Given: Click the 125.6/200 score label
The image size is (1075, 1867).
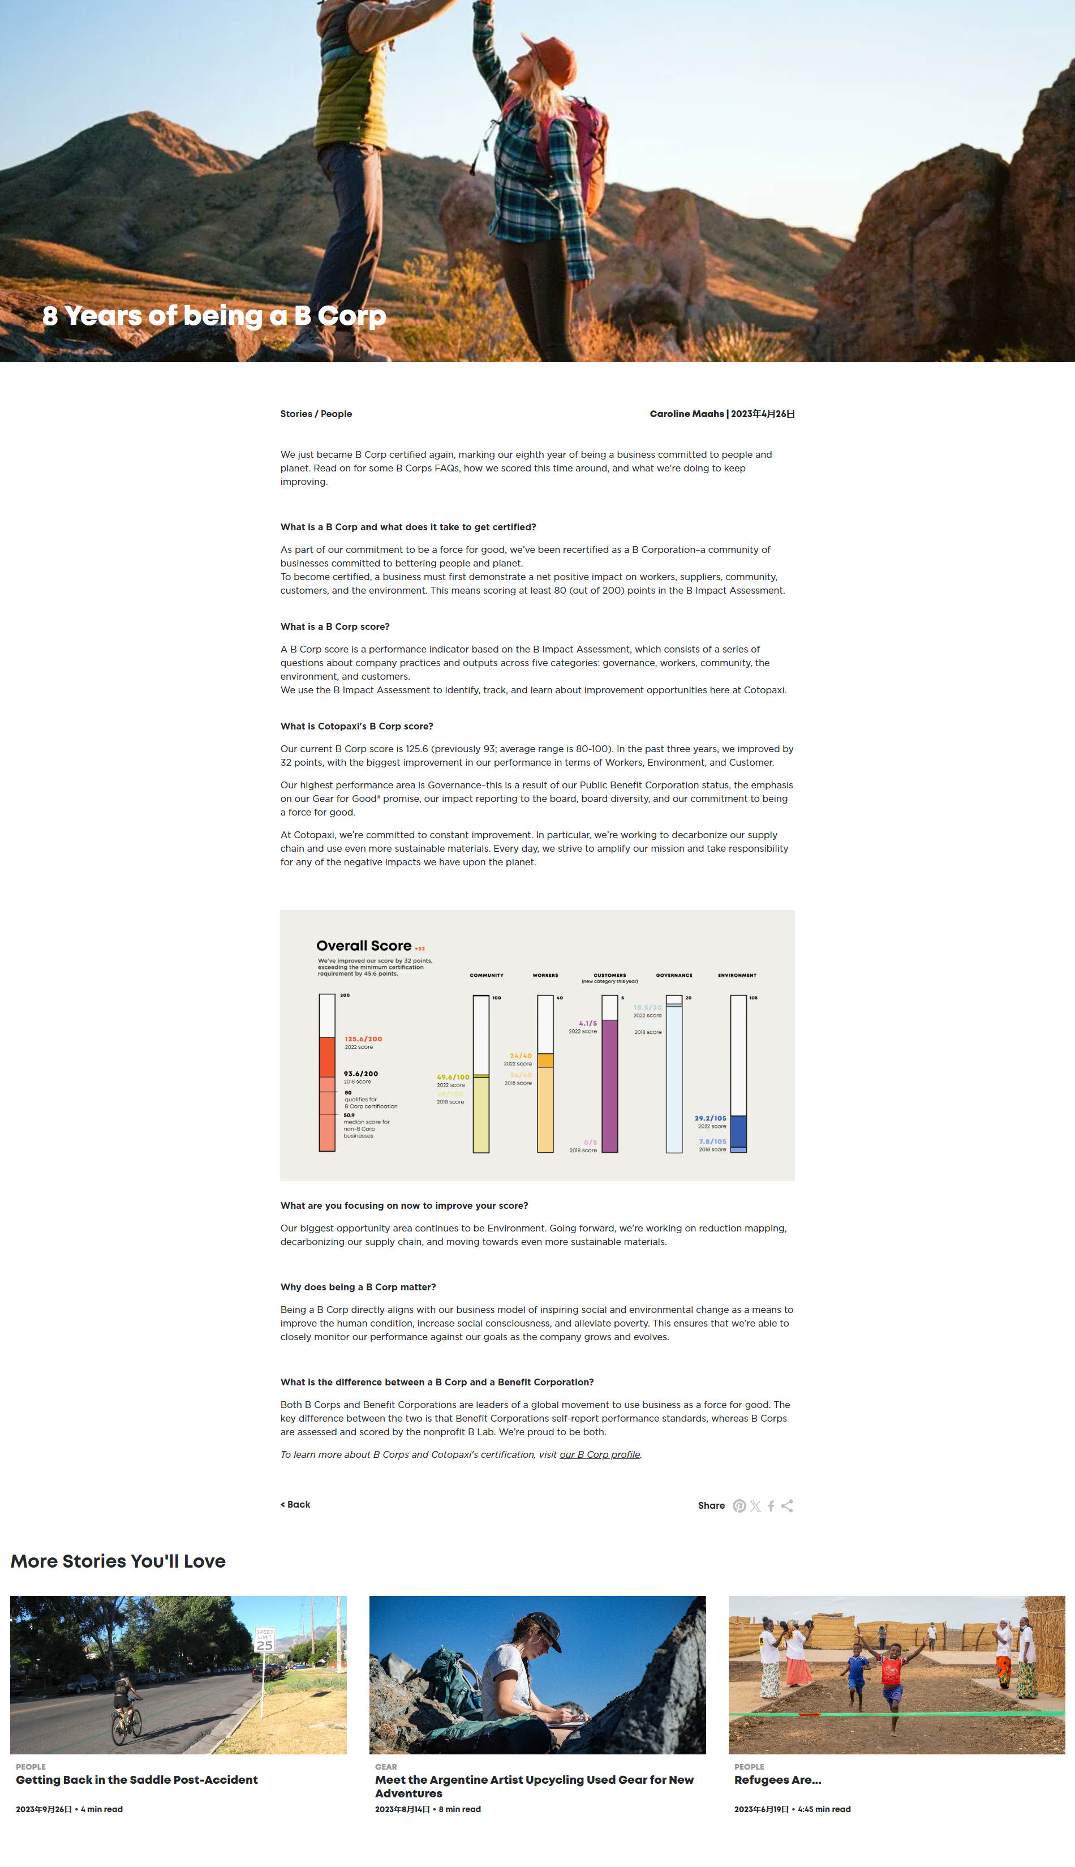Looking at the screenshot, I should [363, 1039].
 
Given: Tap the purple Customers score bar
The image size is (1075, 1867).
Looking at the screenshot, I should [610, 1085].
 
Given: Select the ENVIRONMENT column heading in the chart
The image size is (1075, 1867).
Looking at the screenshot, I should [737, 976].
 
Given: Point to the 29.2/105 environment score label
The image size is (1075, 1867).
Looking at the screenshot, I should [710, 1118].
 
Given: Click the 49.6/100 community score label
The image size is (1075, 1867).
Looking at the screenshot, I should [453, 1078].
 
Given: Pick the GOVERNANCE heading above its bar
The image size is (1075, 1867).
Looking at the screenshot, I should [674, 976].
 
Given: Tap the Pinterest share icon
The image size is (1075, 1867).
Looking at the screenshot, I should [739, 1506].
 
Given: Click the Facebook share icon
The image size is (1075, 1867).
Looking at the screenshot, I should [771, 1506].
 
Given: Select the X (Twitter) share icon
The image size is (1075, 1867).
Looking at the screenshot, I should [755, 1506].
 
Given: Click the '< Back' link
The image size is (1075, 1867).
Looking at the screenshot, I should [295, 1504].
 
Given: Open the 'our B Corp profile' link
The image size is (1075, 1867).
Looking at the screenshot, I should [600, 1454].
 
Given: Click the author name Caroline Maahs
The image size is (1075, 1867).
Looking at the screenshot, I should [687, 414].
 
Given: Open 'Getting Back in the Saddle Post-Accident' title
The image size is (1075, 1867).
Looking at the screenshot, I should [136, 1780].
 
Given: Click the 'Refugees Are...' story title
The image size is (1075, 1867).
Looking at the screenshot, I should [777, 1780].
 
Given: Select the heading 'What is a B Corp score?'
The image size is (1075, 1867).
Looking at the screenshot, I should [335, 627].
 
